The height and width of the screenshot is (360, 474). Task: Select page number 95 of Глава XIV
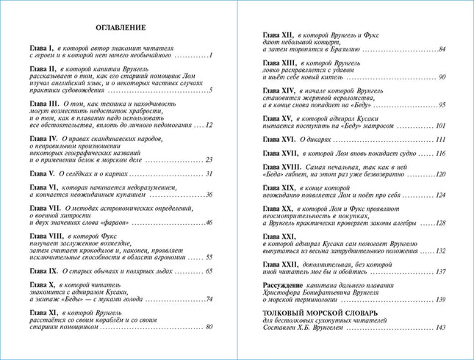coord(442,105)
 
